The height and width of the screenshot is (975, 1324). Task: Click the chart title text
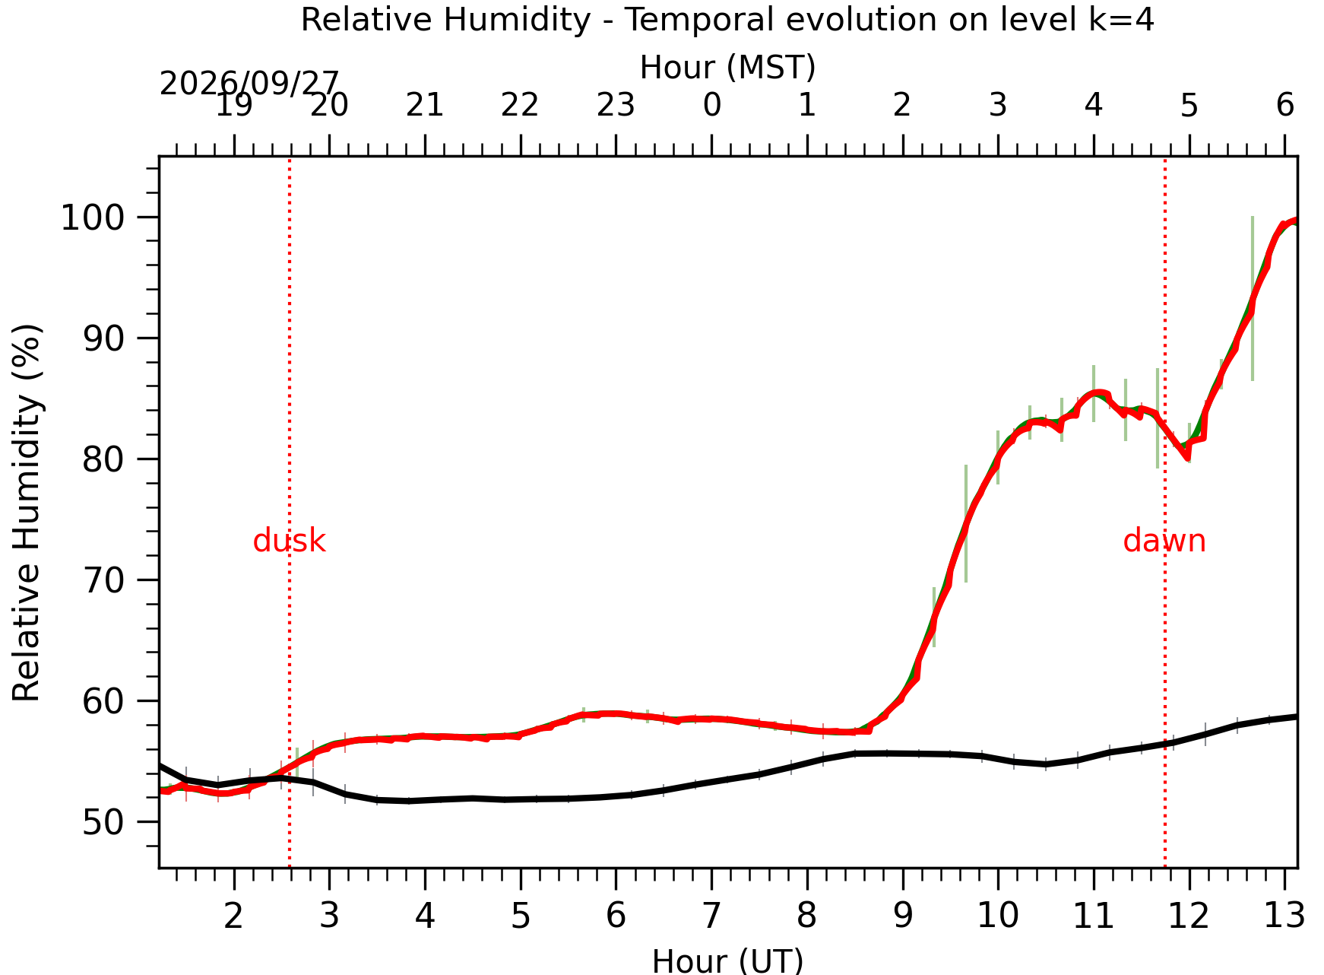727,19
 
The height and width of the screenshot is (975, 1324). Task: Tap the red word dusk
289,541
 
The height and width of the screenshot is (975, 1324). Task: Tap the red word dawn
1164,541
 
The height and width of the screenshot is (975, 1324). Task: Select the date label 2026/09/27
249,83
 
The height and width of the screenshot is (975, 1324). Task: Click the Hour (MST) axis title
727,68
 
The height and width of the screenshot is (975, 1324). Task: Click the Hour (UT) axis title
727,961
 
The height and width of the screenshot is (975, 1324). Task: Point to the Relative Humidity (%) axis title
27,513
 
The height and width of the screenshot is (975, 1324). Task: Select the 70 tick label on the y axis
103,580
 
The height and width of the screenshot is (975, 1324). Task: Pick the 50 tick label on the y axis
103,822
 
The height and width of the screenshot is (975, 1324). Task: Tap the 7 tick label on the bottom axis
711,916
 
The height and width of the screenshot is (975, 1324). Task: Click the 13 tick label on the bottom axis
1284,916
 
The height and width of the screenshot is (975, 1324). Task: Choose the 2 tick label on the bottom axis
233,916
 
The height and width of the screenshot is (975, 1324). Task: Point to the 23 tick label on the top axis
616,105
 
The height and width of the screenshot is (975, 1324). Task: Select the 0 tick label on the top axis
711,105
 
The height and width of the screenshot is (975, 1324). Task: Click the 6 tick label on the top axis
1284,105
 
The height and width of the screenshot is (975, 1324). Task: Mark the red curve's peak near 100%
1294,221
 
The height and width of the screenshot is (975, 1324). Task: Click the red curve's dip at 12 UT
1187,458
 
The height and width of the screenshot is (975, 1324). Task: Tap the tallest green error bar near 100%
1253,298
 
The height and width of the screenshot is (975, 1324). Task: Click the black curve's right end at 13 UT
1297,716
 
